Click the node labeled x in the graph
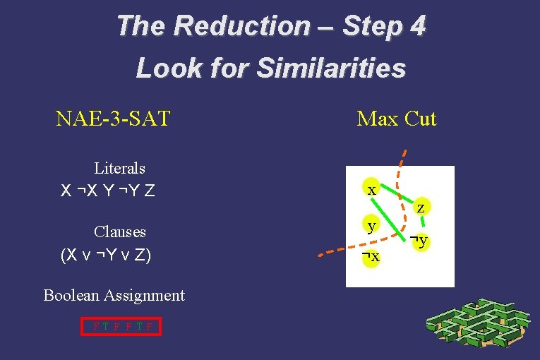(371, 190)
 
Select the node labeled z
(420, 208)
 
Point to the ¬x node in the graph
(370, 256)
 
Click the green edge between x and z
(395, 198)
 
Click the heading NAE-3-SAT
(113, 118)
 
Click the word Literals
(119, 168)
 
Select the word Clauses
(119, 232)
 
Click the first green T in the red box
(105, 326)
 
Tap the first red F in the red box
(95, 326)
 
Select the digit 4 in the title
(417, 26)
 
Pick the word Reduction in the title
(241, 26)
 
